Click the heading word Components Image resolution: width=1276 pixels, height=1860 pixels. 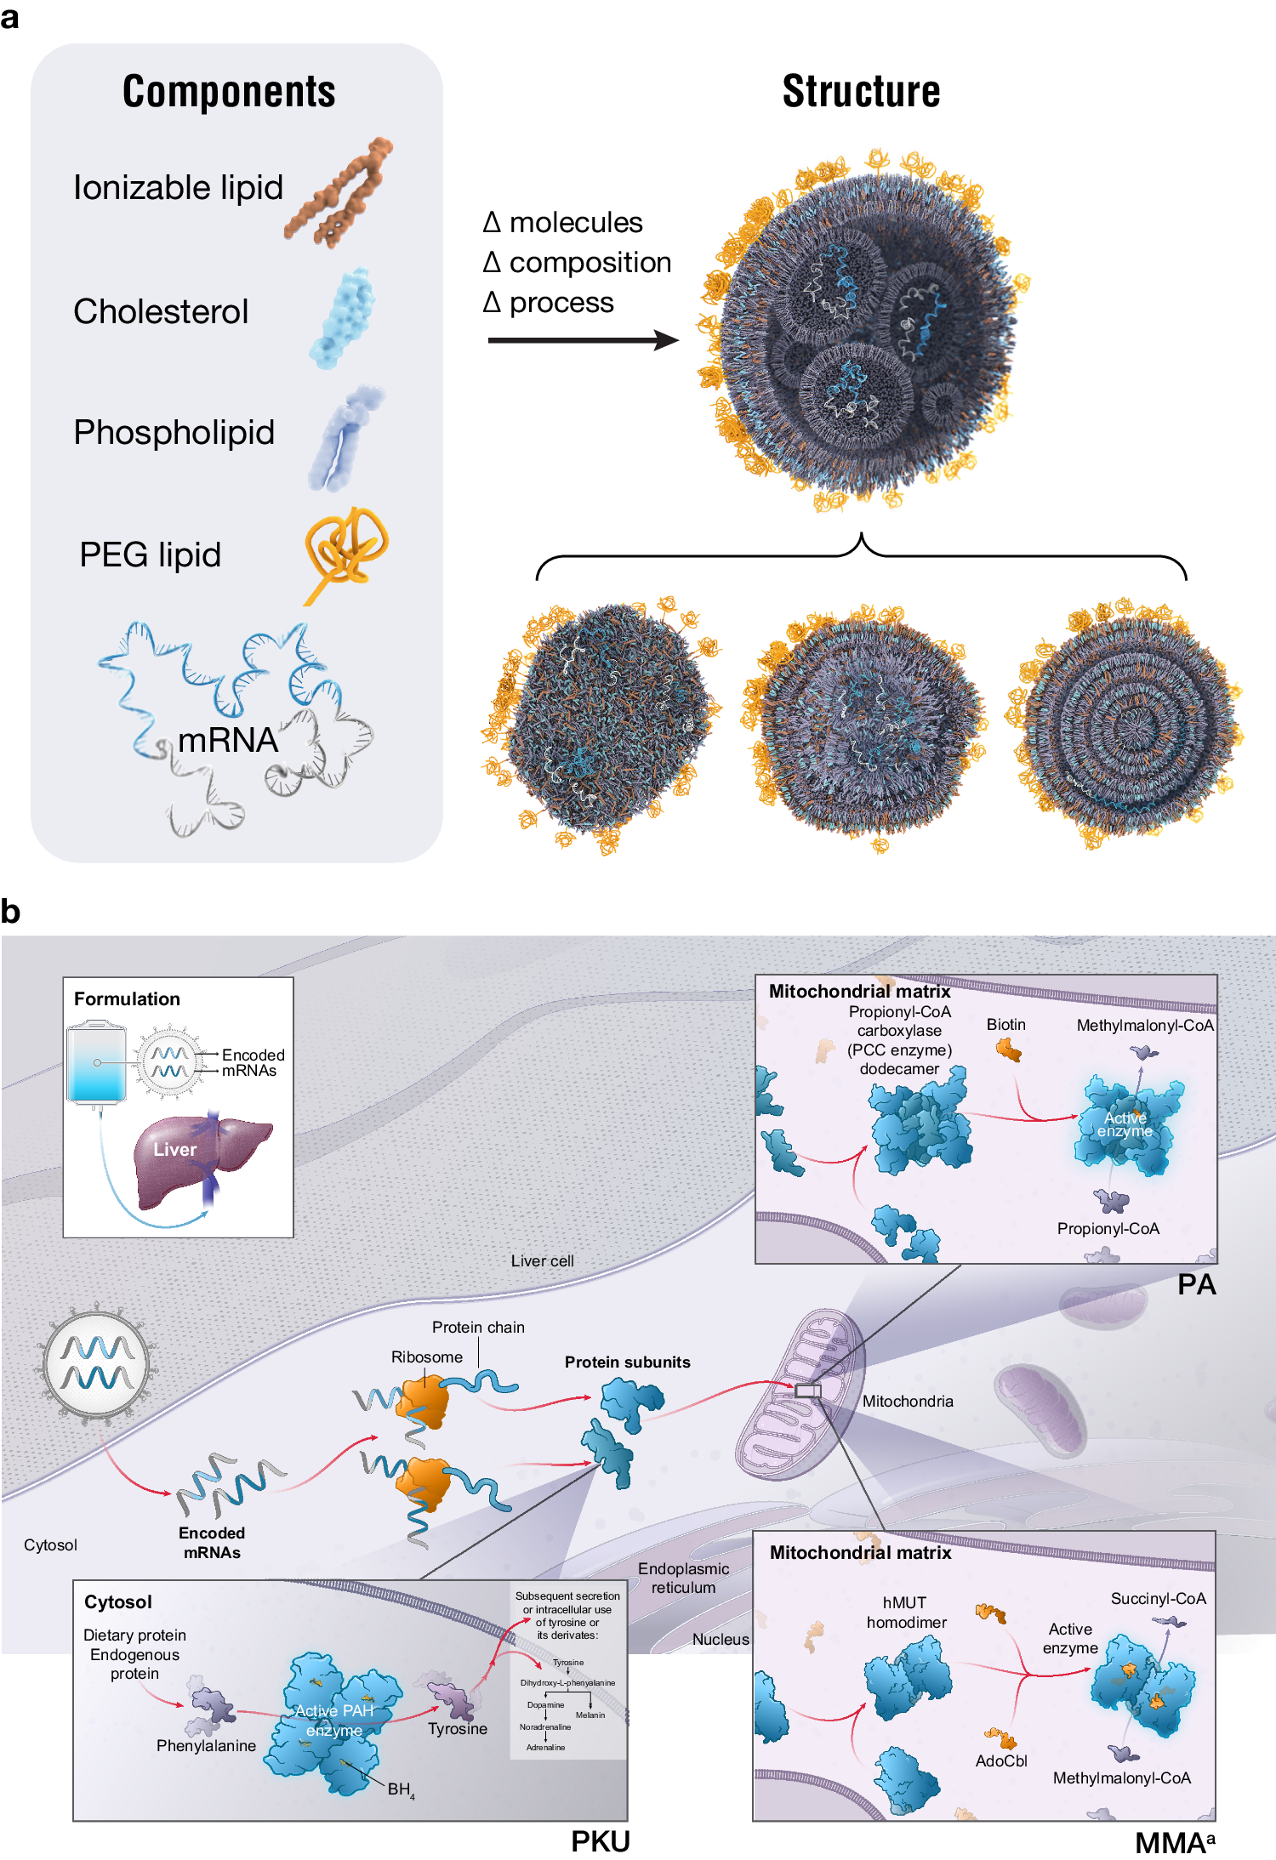[x=229, y=92]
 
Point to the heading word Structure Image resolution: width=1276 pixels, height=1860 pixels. [x=861, y=92]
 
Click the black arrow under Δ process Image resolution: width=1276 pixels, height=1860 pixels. [x=583, y=341]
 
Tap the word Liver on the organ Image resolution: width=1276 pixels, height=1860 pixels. [x=174, y=1150]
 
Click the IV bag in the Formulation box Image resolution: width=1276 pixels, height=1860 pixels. [x=97, y=1063]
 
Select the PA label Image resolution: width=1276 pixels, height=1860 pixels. [x=1196, y=1285]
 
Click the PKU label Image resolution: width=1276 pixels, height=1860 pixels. [x=600, y=1842]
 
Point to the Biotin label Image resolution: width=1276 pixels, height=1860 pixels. [x=1005, y=1025]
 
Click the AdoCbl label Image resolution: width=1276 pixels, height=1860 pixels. [x=1001, y=1761]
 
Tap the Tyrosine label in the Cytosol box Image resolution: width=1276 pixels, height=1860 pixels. [x=458, y=1729]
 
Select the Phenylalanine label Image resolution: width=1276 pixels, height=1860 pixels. [x=206, y=1746]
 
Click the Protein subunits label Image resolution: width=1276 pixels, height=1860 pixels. [x=627, y=1362]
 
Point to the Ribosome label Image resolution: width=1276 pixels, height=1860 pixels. [x=426, y=1357]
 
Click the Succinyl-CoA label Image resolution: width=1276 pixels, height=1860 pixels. [x=1158, y=1599]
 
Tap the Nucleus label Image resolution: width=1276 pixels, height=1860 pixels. [x=720, y=1640]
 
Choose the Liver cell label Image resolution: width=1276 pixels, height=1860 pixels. [x=542, y=1261]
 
